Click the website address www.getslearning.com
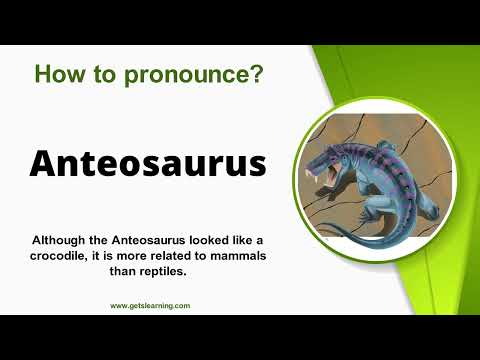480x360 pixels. click(x=150, y=306)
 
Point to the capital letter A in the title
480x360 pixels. click(x=45, y=163)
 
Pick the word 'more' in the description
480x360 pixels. click(x=129, y=257)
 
